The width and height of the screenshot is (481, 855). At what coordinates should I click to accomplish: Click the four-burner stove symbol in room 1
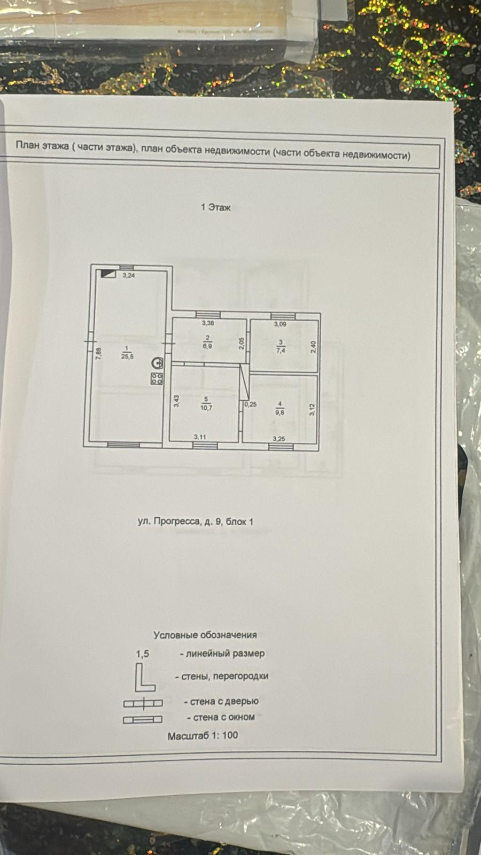[157, 379]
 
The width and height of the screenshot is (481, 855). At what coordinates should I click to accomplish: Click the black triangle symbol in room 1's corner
[108, 274]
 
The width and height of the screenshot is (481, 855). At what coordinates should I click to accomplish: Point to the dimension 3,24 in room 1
[128, 276]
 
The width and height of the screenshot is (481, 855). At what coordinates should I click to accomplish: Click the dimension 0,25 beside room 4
[250, 405]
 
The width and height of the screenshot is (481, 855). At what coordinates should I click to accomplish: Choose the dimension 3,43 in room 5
[176, 401]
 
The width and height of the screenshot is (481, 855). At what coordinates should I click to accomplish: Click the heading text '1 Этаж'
[216, 207]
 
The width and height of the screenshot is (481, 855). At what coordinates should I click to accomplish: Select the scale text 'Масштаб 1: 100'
[203, 735]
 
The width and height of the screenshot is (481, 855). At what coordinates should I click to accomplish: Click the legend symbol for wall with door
[143, 702]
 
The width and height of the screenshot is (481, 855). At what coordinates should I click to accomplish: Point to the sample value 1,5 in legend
[142, 654]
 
